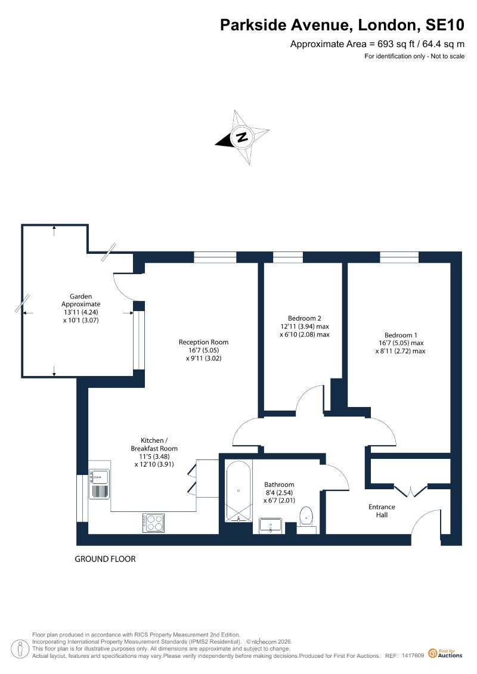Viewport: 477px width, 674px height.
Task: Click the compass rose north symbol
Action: click(242, 137)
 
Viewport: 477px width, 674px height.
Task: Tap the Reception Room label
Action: click(203, 342)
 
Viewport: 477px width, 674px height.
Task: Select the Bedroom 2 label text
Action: click(305, 318)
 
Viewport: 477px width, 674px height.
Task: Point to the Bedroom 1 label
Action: click(401, 335)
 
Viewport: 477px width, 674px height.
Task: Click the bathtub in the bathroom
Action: click(238, 491)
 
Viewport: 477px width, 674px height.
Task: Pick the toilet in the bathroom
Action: click(306, 517)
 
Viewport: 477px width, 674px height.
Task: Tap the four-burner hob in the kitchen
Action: click(154, 523)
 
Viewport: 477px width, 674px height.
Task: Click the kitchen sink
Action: click(99, 484)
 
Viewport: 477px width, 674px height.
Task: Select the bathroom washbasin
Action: click(271, 526)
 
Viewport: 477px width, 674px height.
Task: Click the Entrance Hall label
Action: click(382, 511)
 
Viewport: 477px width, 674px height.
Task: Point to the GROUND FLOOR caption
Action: click(105, 559)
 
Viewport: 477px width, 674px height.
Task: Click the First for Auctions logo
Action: click(445, 654)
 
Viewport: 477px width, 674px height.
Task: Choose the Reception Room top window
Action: click(215, 257)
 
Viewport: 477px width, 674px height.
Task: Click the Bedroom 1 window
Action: click(399, 257)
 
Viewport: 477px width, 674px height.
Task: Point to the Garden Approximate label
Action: click(81, 300)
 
